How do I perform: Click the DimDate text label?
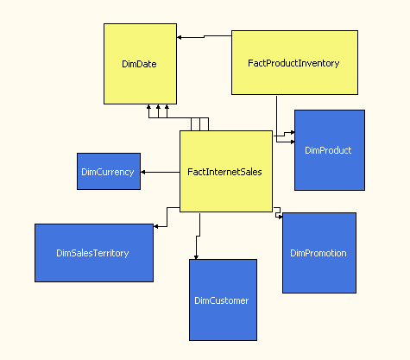139,64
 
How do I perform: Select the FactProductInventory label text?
293,63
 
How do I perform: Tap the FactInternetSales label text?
224,172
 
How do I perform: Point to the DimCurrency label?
108,172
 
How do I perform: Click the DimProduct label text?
328,150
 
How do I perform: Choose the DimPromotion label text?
319,253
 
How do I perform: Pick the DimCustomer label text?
222,300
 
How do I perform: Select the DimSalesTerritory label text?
92,253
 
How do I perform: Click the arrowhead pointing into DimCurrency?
143,172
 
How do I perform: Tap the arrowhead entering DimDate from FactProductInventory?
180,37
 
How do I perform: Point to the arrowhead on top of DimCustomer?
196,257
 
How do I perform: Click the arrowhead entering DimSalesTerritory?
156,226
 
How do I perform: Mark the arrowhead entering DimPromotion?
281,217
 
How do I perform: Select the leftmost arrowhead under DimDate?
148,107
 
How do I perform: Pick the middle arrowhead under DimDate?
158,107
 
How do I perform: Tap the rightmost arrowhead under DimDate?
167,107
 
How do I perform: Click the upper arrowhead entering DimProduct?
293,132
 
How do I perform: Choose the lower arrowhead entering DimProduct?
293,142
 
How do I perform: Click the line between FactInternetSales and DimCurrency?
161,172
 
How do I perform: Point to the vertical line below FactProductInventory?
277,119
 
